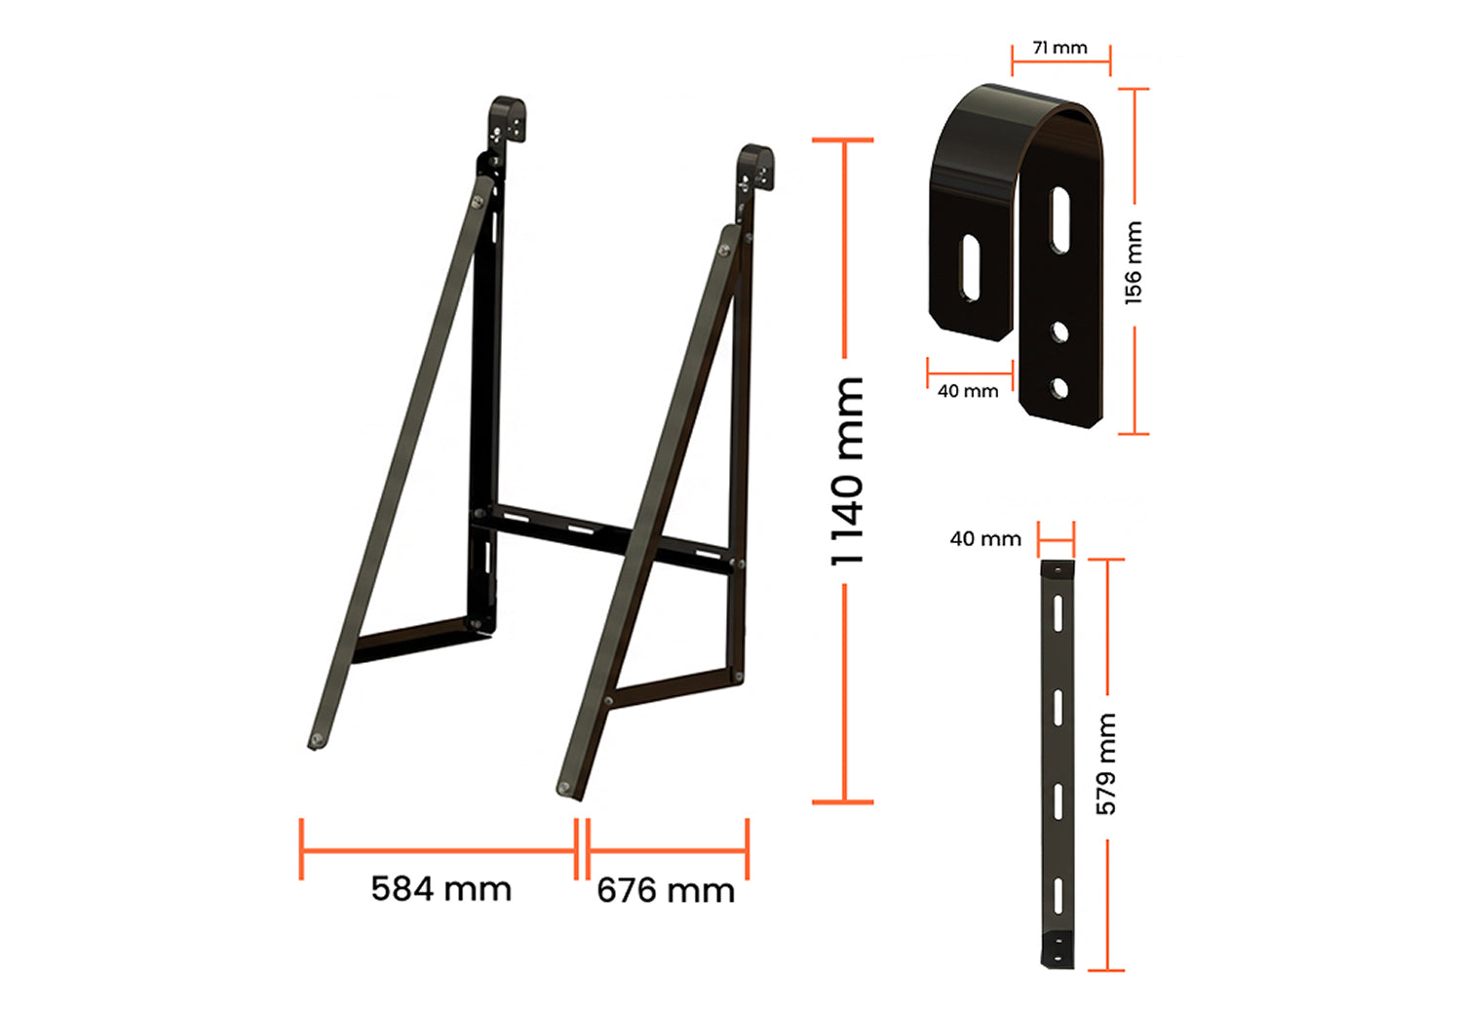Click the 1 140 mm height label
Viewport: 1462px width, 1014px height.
[x=848, y=472]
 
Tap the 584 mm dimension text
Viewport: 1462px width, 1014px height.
[x=442, y=889]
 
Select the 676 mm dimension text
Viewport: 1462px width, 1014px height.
[x=666, y=890]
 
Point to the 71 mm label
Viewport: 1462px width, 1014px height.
[x=1060, y=48]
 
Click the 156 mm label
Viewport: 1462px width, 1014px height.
[x=1134, y=263]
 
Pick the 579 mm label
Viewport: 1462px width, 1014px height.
[x=1106, y=764]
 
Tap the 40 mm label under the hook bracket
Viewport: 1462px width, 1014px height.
[x=968, y=391]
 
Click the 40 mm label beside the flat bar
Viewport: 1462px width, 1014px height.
[x=985, y=538]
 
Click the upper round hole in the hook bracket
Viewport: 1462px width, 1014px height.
[x=1060, y=332]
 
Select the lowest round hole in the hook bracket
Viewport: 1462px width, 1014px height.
[x=1059, y=388]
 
